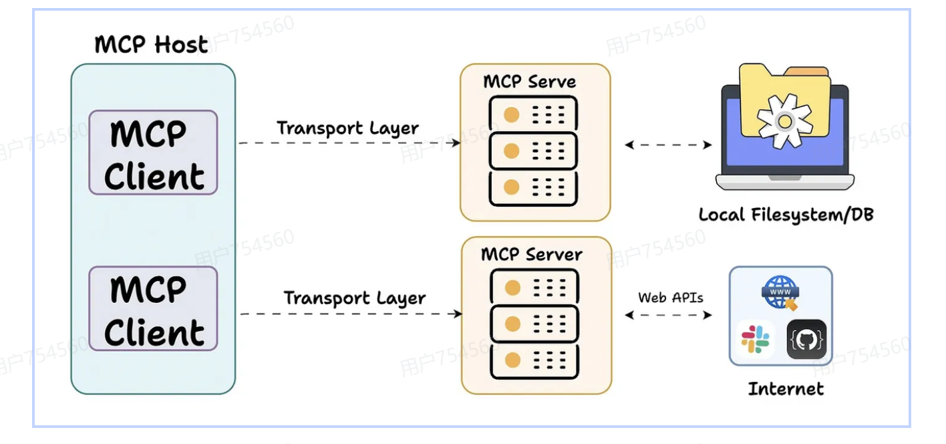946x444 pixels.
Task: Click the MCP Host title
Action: tap(151, 45)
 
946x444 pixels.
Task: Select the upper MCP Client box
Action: tap(153, 152)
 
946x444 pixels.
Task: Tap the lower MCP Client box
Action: tap(153, 309)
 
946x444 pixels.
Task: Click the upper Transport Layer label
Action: tap(347, 128)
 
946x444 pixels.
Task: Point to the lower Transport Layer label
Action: tap(354, 298)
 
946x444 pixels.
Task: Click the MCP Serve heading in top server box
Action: tap(529, 82)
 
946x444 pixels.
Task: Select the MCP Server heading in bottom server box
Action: tap(531, 254)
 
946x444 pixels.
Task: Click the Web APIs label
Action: tap(670, 298)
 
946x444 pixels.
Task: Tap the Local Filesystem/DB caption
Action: tap(786, 215)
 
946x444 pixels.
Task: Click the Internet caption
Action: tap(786, 388)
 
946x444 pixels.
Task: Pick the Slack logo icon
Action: tap(756, 340)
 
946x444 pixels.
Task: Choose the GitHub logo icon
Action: tap(806, 340)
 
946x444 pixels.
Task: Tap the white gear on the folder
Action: tap(785, 121)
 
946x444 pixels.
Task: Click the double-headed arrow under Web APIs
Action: tap(669, 315)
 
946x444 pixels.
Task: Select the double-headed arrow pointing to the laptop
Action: tap(669, 144)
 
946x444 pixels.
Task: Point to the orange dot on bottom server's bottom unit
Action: tap(512, 360)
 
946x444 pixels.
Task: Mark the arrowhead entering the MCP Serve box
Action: tap(456, 142)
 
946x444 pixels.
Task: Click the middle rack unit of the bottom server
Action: tap(534, 324)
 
